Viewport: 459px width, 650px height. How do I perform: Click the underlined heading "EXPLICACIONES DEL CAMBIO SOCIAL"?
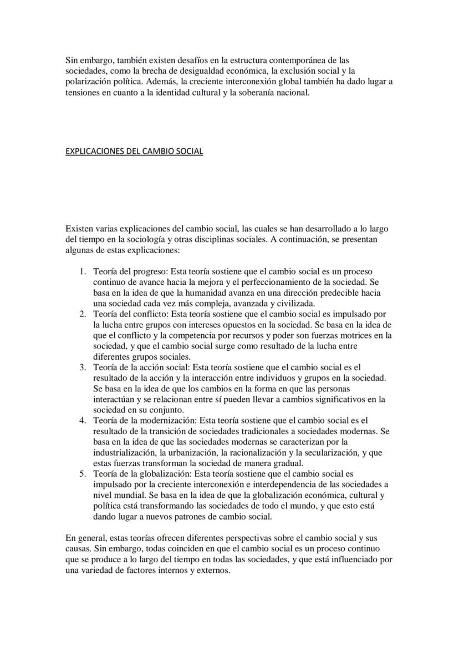pos(134,151)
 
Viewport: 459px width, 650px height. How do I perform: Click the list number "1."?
pos(82,271)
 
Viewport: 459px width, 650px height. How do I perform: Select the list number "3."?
pos(82,367)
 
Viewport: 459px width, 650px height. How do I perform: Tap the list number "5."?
pos(82,473)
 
